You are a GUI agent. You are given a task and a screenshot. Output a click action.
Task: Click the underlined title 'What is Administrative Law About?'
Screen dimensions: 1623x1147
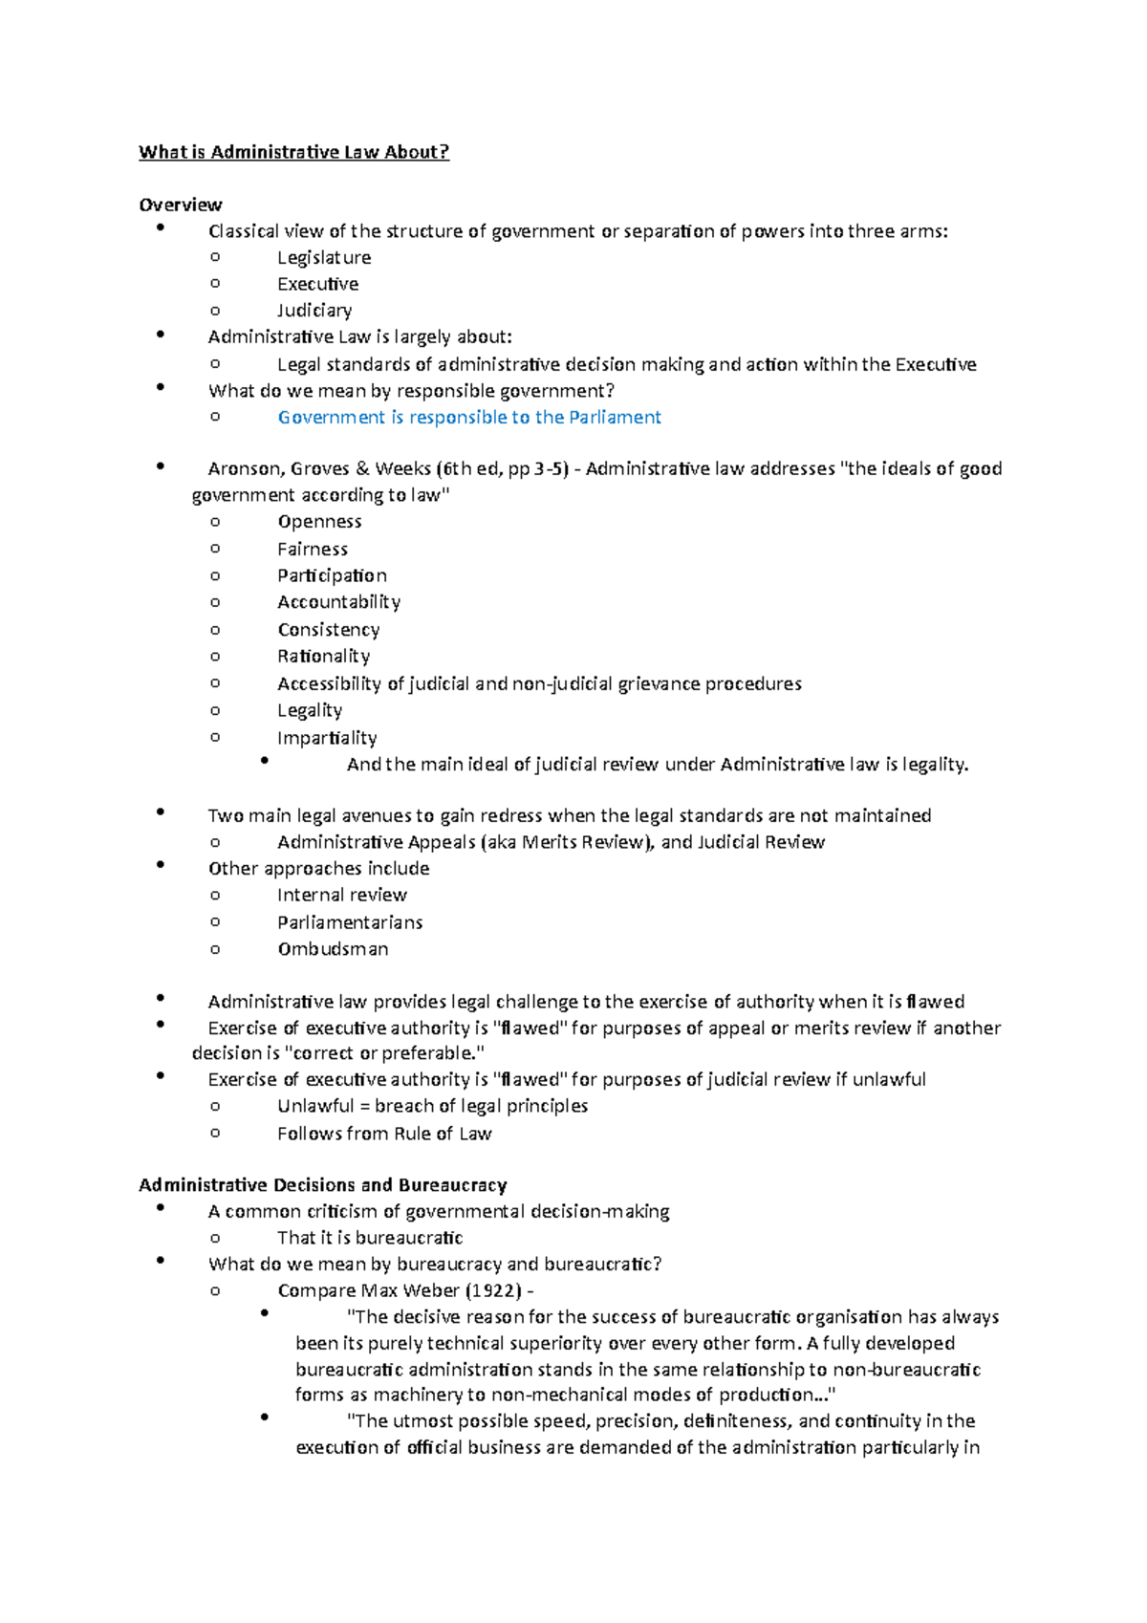click(x=293, y=152)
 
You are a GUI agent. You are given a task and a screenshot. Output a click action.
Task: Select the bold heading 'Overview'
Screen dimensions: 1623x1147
click(x=180, y=205)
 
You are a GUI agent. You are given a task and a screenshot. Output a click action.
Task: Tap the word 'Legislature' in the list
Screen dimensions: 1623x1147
click(x=324, y=257)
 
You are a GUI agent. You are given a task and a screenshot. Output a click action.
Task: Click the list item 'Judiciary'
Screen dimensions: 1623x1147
click(x=314, y=310)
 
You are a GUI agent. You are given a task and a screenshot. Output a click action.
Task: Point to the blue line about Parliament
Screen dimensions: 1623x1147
click(x=469, y=417)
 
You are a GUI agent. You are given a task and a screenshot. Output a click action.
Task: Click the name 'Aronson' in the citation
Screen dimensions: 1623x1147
click(x=244, y=468)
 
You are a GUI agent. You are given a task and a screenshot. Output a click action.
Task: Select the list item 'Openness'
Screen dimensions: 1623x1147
click(x=319, y=521)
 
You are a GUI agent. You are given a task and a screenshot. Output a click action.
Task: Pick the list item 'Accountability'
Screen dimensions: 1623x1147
click(x=338, y=601)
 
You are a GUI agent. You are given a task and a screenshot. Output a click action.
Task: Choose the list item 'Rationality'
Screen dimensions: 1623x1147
click(x=323, y=656)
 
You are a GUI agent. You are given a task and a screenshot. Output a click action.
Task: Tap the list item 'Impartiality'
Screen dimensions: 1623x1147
click(x=327, y=737)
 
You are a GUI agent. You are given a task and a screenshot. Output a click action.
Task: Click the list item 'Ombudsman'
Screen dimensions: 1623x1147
click(x=333, y=948)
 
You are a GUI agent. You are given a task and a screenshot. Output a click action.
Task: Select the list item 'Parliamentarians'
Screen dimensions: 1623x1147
click(x=350, y=921)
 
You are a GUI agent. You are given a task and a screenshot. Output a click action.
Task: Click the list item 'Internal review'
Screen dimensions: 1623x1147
click(x=341, y=895)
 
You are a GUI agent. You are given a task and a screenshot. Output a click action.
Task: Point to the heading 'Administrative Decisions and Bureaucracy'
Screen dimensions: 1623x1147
click(x=322, y=1184)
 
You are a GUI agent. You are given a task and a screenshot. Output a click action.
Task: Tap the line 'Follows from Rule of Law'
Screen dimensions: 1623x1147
click(x=384, y=1133)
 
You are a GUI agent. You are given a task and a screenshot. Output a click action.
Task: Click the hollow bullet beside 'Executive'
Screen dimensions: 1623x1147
click(x=215, y=283)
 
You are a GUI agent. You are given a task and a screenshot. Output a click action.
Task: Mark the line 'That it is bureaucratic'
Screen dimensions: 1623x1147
click(x=370, y=1237)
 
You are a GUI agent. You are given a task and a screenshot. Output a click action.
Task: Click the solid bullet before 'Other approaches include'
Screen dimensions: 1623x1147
click(x=160, y=864)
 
